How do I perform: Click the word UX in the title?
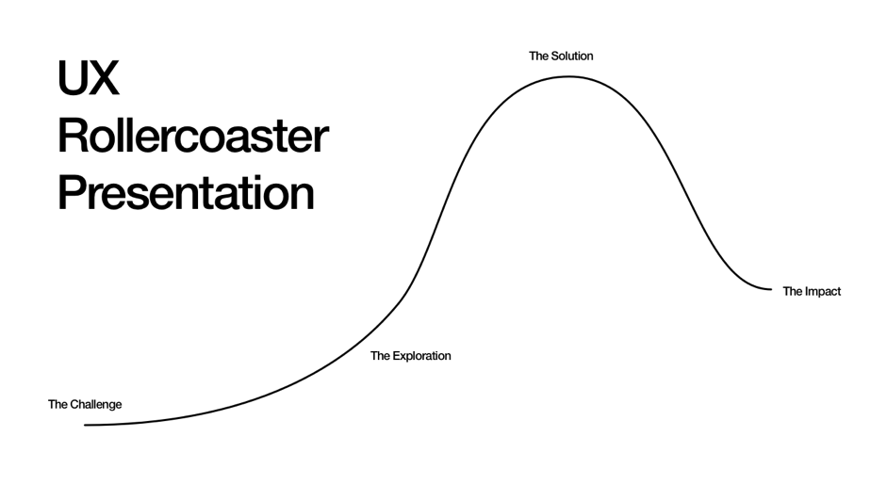(88, 79)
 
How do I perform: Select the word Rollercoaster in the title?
(192, 137)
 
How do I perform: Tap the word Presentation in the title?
(186, 192)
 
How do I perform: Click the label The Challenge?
(85, 405)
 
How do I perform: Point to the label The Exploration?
(410, 356)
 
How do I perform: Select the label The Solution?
(561, 57)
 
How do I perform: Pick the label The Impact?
(812, 292)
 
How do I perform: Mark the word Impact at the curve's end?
(823, 292)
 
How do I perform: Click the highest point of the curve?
(567, 76)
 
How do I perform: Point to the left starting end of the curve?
(86, 425)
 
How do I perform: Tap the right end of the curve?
(770, 289)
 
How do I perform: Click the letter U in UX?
(74, 79)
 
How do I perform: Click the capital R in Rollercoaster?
(72, 137)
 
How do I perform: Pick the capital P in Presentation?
(71, 192)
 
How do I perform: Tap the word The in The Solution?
(539, 57)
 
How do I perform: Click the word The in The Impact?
(793, 292)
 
